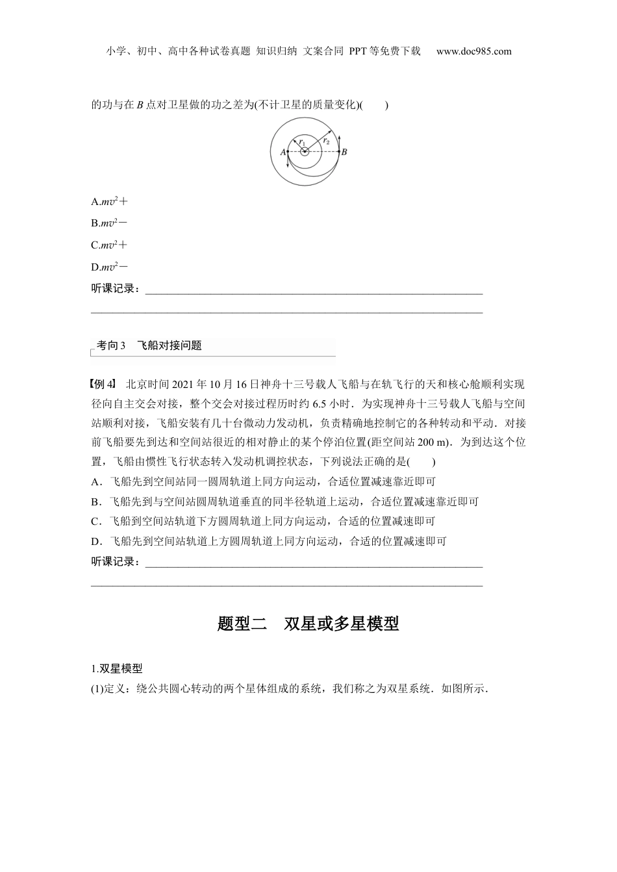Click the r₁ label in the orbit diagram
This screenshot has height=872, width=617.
pos(302,142)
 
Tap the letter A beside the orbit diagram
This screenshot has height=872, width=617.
pos(283,152)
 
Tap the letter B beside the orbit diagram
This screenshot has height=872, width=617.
pos(344,152)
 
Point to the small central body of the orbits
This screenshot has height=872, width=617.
pos(305,152)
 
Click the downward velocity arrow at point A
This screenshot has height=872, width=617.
pos(288,160)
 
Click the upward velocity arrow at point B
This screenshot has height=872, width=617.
pos(339,141)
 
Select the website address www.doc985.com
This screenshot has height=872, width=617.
pos(473,51)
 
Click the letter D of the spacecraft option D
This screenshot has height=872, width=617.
pos(95,541)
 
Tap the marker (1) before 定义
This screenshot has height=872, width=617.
pos(97,688)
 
